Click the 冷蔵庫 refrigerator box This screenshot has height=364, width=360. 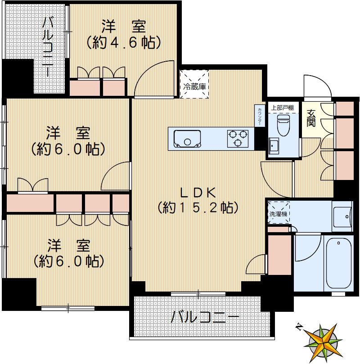[194, 84]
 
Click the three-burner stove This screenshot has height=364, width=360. [237, 138]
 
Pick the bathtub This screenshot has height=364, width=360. [338, 264]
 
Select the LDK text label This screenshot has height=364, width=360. [198, 193]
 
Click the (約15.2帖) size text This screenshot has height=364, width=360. [198, 207]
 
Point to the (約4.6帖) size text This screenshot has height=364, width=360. [123, 42]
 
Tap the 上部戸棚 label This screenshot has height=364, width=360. [283, 108]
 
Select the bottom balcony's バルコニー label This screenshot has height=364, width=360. [205, 318]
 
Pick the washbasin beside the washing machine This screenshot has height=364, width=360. [343, 216]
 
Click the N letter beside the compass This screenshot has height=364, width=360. [299, 327]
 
